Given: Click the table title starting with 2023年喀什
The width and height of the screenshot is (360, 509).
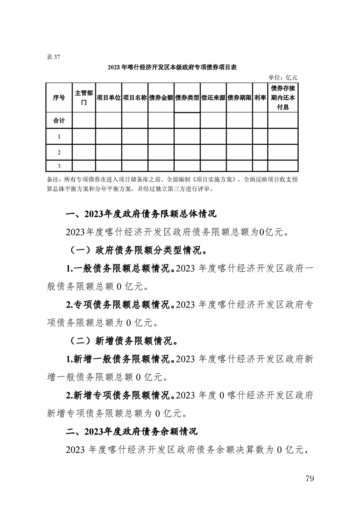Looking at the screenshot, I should (x=173, y=68).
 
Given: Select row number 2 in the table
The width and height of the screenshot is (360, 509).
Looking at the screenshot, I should (x=59, y=152).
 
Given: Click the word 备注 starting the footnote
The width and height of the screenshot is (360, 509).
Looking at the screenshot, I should (x=53, y=180).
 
